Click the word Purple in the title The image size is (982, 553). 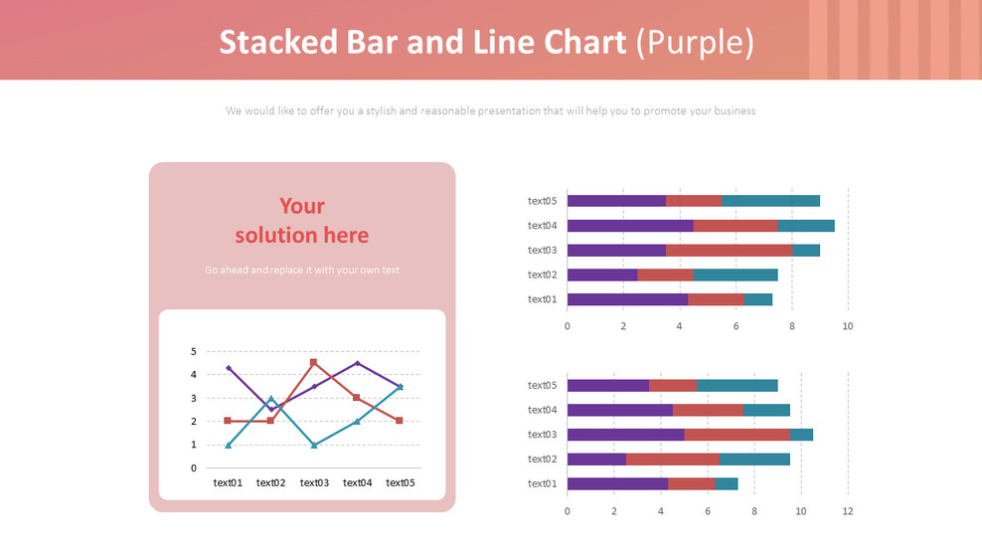click(x=694, y=43)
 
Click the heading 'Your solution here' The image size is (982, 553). click(x=301, y=221)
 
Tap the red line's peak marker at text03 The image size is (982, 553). click(x=314, y=362)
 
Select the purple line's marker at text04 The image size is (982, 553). click(x=357, y=363)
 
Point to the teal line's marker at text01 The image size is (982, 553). click(x=228, y=445)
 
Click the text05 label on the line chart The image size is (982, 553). click(x=400, y=483)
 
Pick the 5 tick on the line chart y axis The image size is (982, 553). click(x=194, y=351)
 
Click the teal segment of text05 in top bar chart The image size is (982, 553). click(x=770, y=201)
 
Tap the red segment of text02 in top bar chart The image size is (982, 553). click(x=665, y=275)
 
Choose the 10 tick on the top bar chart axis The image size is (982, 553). click(x=847, y=325)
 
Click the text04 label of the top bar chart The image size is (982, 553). click(x=542, y=226)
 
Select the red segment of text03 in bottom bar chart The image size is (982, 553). click(x=736, y=434)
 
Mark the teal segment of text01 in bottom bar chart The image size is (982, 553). click(x=727, y=483)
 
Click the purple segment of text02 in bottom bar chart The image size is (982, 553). click(x=596, y=459)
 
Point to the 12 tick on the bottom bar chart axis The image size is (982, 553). click(x=847, y=510)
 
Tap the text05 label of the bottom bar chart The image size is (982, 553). click(x=542, y=385)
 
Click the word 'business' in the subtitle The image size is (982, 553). click(x=736, y=111)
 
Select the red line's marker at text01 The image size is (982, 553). click(x=228, y=421)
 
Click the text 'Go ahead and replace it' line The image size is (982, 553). click(x=301, y=270)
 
